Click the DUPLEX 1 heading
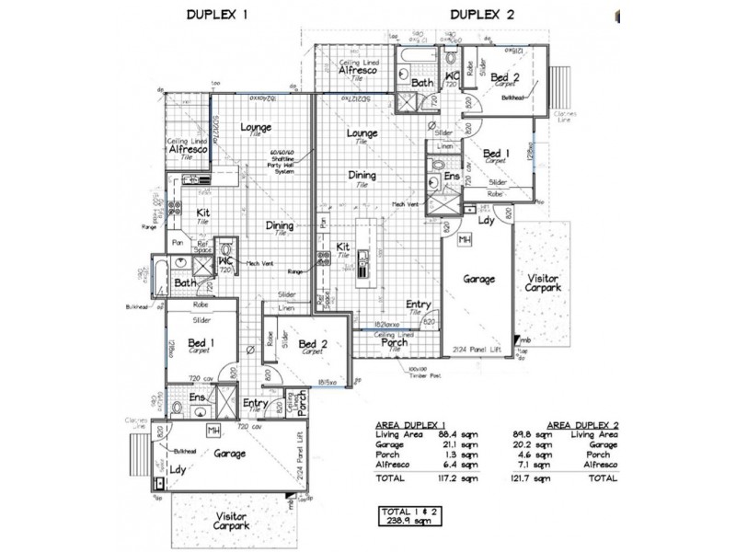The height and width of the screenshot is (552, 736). coord(218,15)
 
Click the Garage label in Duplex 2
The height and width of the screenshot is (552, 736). coord(478,278)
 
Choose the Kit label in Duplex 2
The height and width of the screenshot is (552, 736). coord(342,246)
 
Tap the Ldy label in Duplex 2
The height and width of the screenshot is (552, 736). coord(484,221)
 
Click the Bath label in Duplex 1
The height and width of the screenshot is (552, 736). coord(185,282)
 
